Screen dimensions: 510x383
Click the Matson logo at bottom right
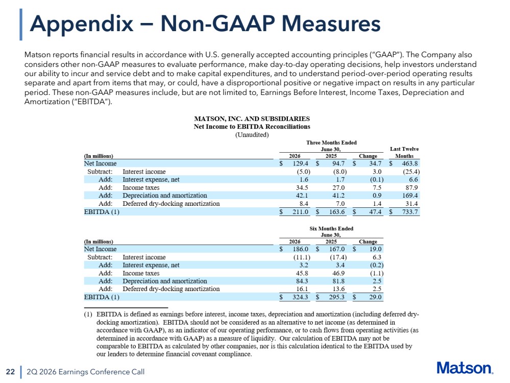(x=465, y=368)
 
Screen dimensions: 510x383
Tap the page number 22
(x=10, y=372)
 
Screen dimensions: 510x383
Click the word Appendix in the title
(x=82, y=24)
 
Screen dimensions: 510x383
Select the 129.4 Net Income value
(x=300, y=163)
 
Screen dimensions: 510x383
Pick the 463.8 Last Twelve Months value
(x=410, y=163)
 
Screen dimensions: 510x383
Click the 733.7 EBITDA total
(x=410, y=212)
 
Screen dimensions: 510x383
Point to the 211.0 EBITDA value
(x=300, y=212)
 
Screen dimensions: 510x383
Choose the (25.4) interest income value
(x=411, y=172)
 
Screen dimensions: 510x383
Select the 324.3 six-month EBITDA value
(x=300, y=297)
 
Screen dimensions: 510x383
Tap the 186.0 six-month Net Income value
(x=300, y=249)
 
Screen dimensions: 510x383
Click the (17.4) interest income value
(x=338, y=257)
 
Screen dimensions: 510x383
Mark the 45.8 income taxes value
(x=302, y=273)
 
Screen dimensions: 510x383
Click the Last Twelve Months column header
(x=404, y=152)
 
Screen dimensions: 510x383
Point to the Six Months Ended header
(x=331, y=228)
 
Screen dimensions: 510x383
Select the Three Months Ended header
(x=331, y=142)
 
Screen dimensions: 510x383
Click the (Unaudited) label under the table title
(x=252, y=135)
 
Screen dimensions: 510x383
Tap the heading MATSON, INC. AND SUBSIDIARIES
(x=252, y=119)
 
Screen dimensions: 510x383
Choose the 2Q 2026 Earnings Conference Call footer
(x=86, y=372)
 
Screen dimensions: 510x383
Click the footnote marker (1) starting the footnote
(x=88, y=315)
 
